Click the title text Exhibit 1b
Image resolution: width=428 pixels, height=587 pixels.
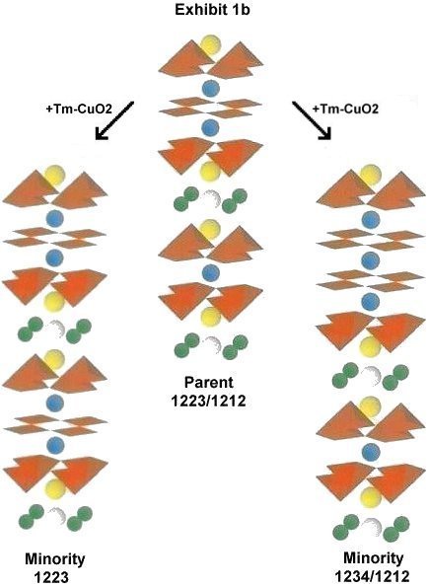(212, 10)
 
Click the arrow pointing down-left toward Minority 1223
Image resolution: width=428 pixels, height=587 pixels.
(114, 120)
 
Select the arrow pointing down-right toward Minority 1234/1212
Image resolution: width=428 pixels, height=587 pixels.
(312, 120)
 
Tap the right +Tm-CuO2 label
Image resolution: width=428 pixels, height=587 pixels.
(345, 109)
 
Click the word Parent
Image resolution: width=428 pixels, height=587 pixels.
(209, 382)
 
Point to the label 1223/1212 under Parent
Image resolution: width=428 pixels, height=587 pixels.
(209, 401)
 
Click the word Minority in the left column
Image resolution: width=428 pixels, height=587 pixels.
(55, 559)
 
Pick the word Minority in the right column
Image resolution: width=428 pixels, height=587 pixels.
(374, 557)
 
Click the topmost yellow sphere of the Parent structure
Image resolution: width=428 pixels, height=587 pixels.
(209, 45)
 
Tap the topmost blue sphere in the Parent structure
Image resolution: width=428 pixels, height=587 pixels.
(211, 89)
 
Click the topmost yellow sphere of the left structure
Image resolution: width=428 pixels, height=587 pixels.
(54, 176)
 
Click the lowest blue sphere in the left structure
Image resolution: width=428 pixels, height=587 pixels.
(55, 445)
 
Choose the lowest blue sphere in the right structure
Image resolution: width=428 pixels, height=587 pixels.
(371, 451)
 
